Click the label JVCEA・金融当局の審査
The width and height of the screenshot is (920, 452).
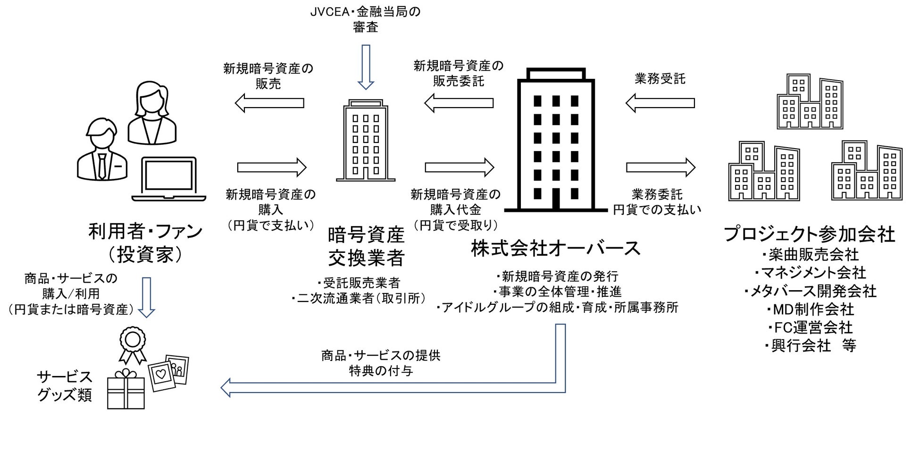point(365,19)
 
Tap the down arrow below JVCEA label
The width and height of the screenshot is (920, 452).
point(366,67)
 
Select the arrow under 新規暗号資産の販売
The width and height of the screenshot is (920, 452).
point(269,103)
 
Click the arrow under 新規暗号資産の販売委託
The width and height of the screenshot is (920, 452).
point(459,103)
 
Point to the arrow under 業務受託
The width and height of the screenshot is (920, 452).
point(660,103)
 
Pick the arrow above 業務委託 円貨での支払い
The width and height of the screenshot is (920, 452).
point(661,167)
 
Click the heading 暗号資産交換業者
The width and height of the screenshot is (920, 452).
point(366,246)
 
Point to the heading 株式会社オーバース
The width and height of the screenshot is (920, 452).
point(555,248)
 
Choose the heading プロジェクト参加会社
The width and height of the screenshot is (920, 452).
point(809,234)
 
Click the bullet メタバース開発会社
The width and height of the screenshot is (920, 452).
point(810,291)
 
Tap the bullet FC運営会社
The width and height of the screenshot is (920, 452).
point(810,327)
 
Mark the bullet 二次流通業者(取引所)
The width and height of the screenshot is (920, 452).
point(359,299)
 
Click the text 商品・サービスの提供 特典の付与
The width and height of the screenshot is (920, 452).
point(381,363)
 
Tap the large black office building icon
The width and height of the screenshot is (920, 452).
point(555,142)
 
